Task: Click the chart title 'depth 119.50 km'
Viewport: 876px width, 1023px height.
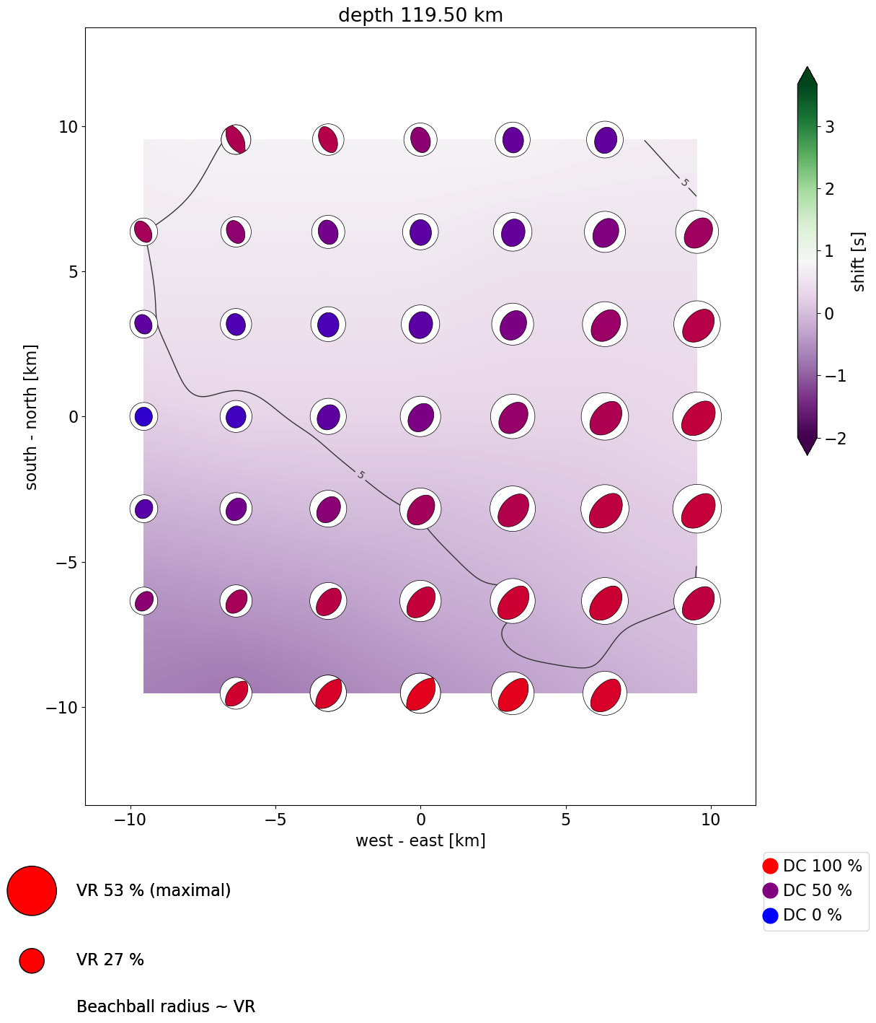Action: point(420,15)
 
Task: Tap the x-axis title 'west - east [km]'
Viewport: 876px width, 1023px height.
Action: point(420,840)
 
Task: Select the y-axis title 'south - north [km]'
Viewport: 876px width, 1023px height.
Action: point(32,417)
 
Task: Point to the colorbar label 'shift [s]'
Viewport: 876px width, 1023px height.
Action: point(858,262)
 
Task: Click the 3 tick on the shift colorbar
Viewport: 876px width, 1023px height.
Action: point(829,127)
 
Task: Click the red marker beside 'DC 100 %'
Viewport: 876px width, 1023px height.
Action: point(770,866)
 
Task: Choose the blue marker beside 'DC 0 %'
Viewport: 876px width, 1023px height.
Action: point(770,916)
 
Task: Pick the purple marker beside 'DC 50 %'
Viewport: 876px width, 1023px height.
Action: point(770,890)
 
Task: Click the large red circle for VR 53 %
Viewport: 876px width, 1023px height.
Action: point(32,890)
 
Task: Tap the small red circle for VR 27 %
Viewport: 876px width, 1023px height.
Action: point(32,960)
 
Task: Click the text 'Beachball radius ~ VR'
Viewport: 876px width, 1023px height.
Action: point(166,1006)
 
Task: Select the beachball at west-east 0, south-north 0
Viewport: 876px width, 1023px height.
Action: point(420,417)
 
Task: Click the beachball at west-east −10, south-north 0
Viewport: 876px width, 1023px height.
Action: point(143,417)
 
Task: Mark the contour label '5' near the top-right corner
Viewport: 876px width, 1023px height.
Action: point(684,183)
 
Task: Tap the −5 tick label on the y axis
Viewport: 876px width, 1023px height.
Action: point(66,563)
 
